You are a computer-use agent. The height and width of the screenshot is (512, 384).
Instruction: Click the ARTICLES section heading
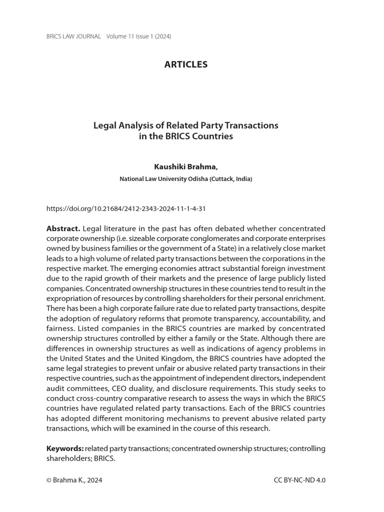click(x=185, y=64)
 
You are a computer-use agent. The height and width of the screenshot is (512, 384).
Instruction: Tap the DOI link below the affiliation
click(x=126, y=208)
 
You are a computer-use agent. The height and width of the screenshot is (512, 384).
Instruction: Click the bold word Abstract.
click(x=63, y=228)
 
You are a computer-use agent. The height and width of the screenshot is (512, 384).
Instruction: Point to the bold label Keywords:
click(x=65, y=448)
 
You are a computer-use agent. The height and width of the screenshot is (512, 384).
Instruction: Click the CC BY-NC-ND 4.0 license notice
click(x=299, y=480)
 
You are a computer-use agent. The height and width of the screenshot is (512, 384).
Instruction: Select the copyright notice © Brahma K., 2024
click(x=74, y=480)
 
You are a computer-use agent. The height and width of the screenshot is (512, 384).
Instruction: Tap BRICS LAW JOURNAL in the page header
click(x=73, y=36)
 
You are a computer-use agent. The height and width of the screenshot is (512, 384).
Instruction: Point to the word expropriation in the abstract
click(x=69, y=298)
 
